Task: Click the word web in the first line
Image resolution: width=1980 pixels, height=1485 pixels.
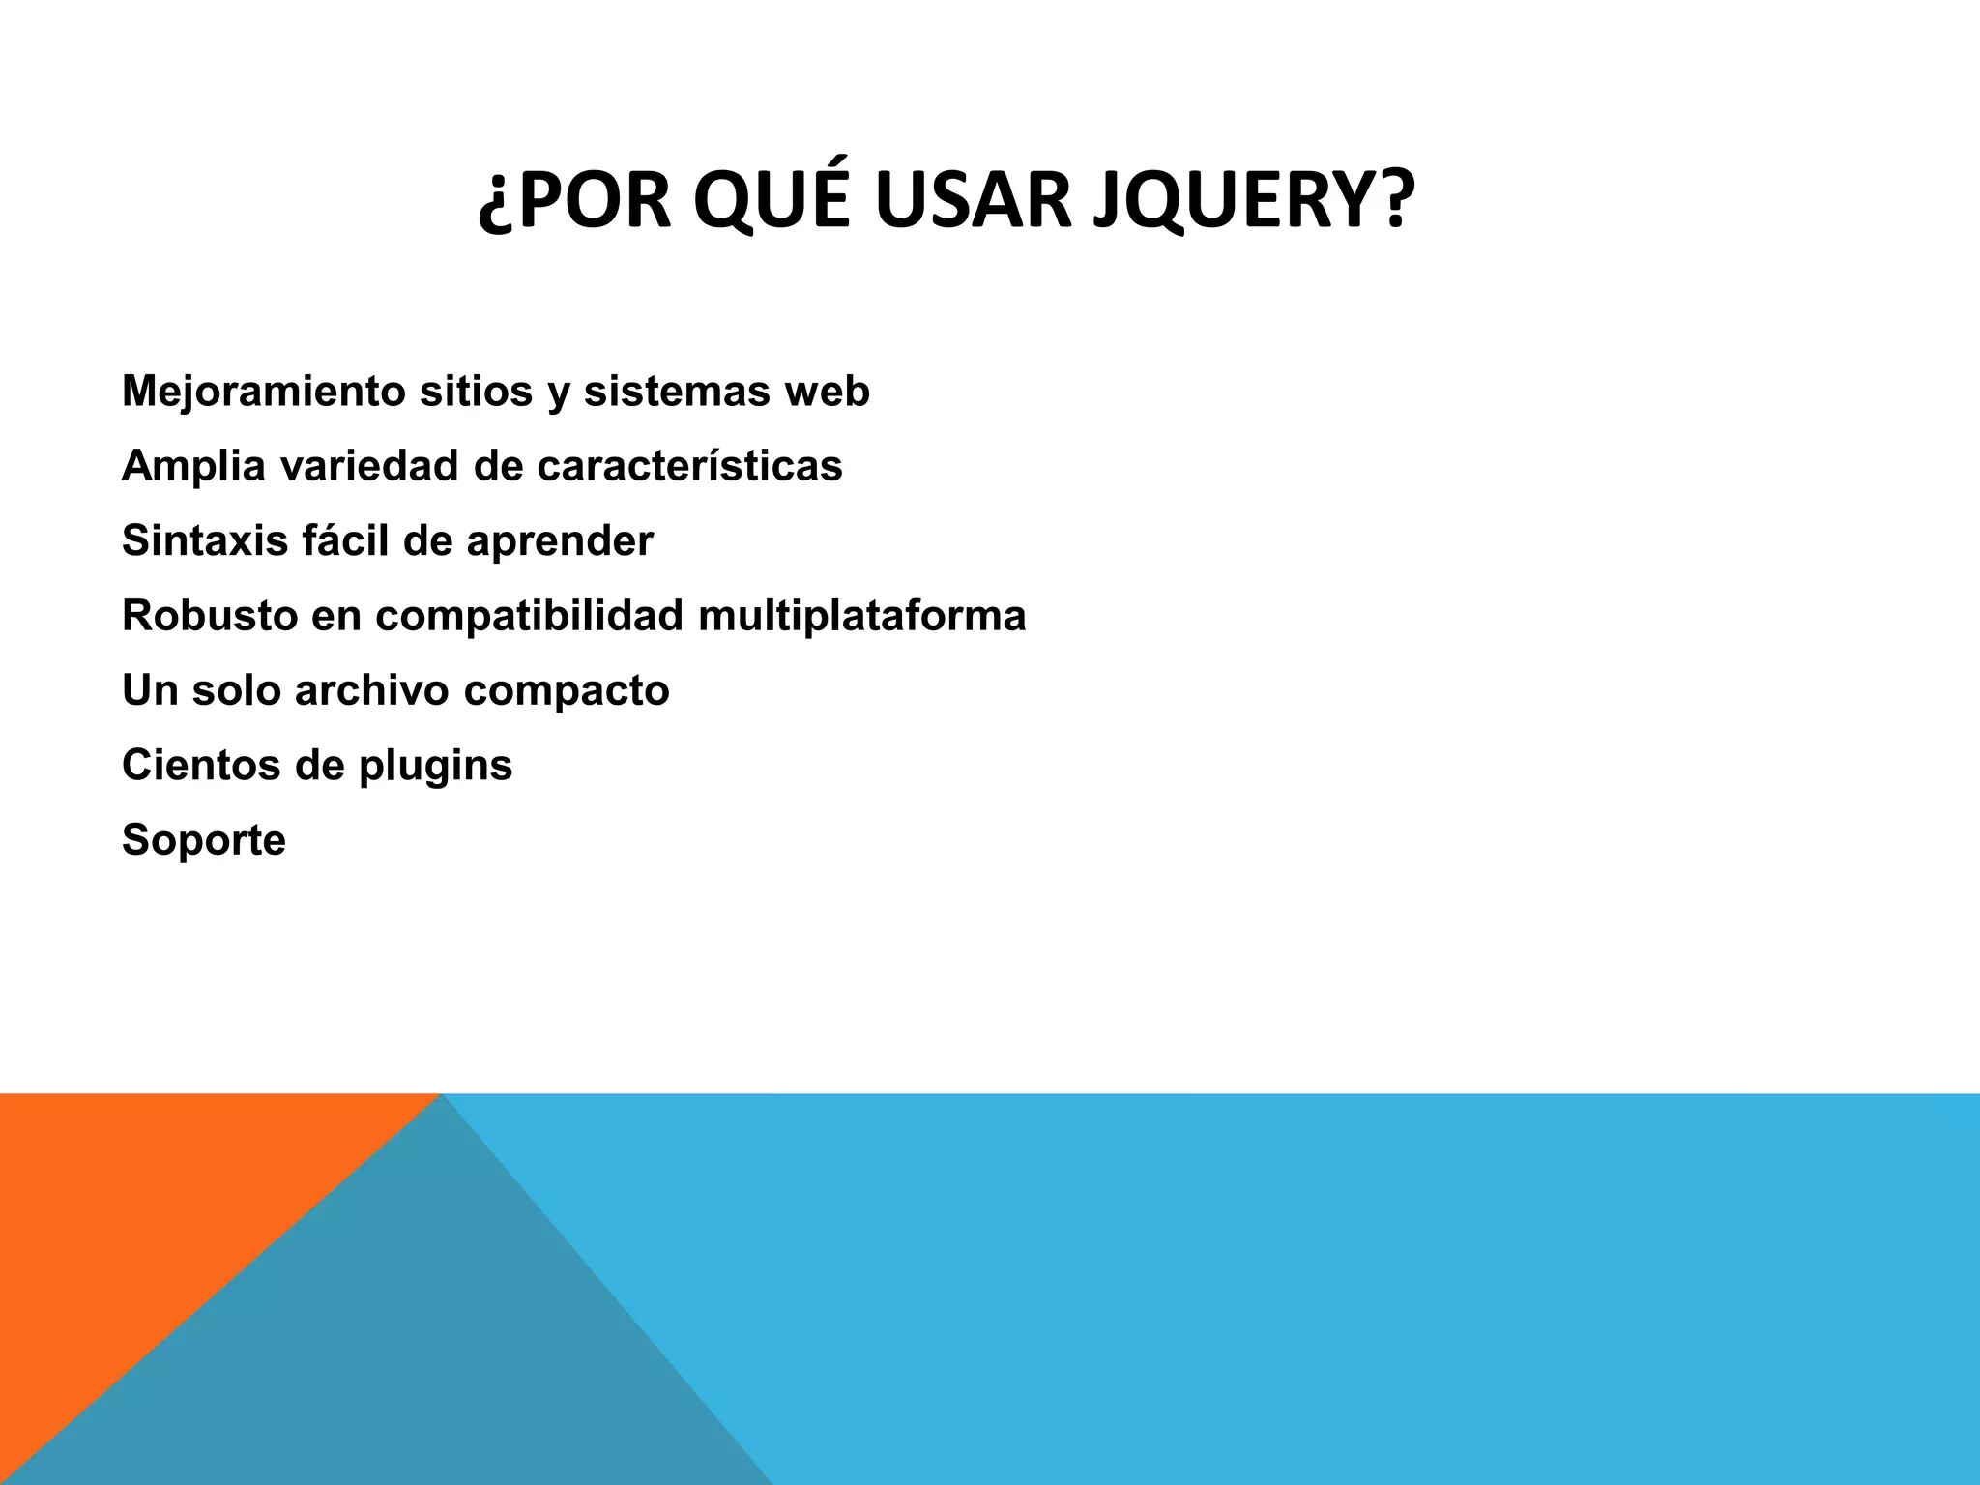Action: click(x=827, y=392)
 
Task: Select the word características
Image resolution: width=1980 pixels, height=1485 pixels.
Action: click(x=689, y=466)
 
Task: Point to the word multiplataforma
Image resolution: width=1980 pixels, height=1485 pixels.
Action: click(x=861, y=617)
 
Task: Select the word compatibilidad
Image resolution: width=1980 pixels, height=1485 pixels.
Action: click(x=529, y=617)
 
